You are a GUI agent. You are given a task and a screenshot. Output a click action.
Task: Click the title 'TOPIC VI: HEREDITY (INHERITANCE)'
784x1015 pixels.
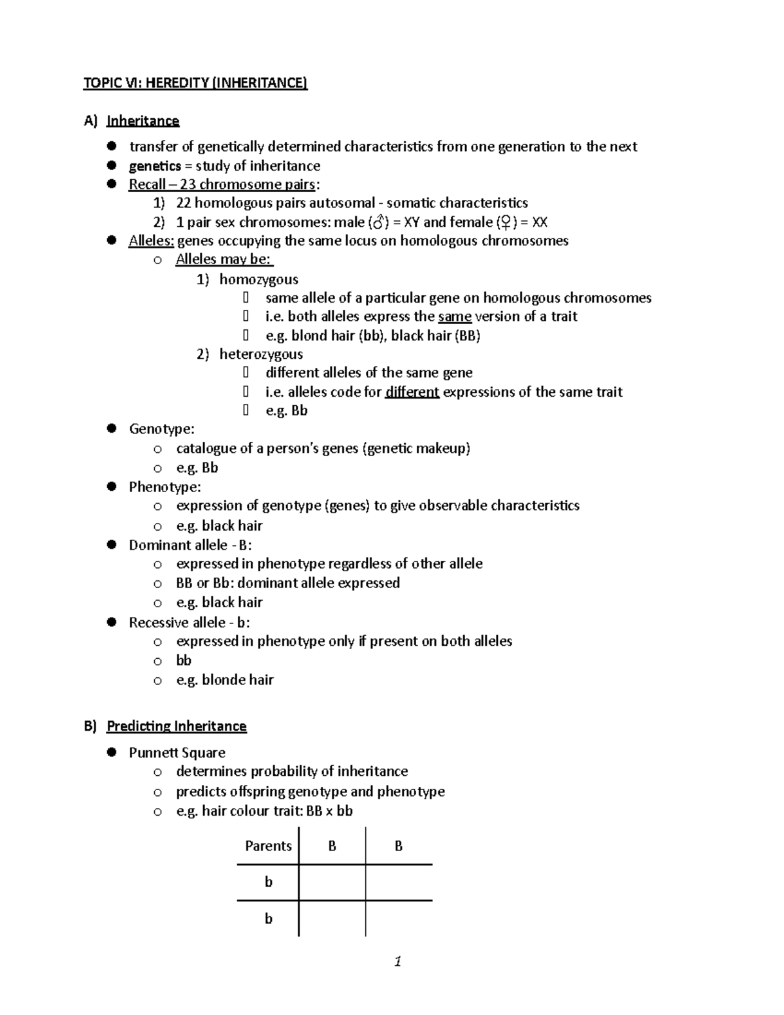click(x=195, y=83)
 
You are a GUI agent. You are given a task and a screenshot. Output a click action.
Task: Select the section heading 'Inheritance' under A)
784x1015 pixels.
click(x=142, y=121)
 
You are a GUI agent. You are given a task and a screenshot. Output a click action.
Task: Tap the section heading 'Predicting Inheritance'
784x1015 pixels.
click(x=176, y=726)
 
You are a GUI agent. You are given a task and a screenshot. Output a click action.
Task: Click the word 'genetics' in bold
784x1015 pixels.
click(x=155, y=166)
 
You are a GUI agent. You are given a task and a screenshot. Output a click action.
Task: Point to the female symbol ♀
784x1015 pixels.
click(x=505, y=222)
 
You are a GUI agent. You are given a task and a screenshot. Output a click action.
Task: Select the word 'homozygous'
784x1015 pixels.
click(x=259, y=280)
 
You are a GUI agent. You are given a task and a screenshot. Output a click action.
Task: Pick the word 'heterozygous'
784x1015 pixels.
click(x=261, y=354)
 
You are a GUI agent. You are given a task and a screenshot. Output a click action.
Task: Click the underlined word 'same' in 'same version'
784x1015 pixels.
click(x=455, y=316)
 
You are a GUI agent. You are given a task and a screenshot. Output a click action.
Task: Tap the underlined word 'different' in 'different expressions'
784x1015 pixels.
click(x=412, y=392)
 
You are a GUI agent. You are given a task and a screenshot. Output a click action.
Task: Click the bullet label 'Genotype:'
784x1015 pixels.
click(x=161, y=429)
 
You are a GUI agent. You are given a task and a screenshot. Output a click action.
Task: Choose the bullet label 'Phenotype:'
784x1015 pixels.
click(x=165, y=487)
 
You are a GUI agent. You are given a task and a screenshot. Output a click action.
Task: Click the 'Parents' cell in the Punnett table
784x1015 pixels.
click(x=268, y=846)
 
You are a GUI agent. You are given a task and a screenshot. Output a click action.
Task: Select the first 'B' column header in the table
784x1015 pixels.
click(x=332, y=846)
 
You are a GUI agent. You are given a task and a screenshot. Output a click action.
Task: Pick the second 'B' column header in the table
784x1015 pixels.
click(x=399, y=846)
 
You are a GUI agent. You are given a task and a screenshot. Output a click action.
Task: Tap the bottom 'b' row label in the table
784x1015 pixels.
click(x=268, y=919)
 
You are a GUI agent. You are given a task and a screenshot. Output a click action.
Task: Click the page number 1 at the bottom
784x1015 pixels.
click(x=397, y=961)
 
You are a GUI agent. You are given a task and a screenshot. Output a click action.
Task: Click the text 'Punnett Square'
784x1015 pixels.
click(x=177, y=752)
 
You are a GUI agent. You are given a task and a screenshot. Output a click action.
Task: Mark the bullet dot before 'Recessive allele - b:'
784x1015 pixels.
click(x=112, y=622)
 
